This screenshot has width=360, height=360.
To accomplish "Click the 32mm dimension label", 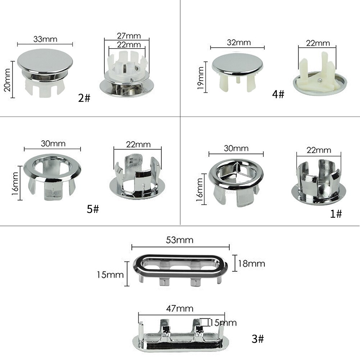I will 237,42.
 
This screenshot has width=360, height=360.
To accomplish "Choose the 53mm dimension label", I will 180,240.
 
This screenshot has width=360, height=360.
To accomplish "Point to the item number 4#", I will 278,95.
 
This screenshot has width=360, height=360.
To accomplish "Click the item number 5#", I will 92,209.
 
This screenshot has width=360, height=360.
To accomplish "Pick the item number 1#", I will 336,214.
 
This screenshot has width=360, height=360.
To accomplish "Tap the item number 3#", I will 258,338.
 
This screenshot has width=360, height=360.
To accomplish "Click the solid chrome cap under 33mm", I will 45,63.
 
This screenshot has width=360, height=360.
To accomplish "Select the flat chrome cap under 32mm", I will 237,65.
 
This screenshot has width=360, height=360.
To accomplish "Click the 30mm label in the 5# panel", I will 53,143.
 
